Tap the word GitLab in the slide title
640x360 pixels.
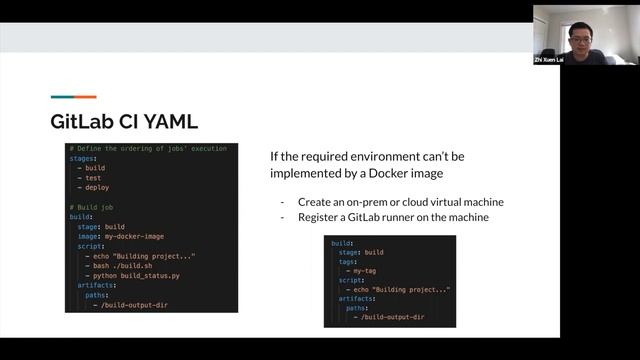[x=80, y=122]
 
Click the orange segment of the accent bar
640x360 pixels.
[x=85, y=97]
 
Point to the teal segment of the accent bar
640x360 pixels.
[x=62, y=97]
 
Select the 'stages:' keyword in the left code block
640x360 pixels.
[x=84, y=158]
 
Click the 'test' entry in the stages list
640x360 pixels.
[x=93, y=178]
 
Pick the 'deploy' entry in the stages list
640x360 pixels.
[x=97, y=187]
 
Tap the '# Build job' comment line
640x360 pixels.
[x=97, y=207]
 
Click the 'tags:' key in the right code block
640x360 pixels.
[x=349, y=262]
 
